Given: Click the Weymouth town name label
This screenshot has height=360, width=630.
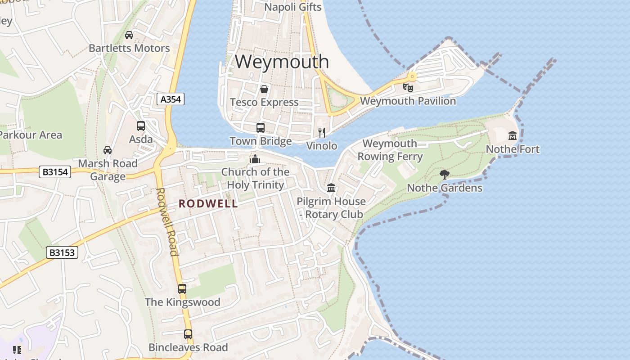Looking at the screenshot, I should click(x=282, y=62).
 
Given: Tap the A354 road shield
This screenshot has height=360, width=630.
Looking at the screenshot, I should click(x=171, y=99).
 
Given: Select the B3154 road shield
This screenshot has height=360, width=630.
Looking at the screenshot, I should click(x=55, y=171).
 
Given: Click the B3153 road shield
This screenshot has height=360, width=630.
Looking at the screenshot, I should click(x=62, y=252).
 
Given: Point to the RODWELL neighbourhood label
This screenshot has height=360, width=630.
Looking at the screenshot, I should click(x=208, y=204).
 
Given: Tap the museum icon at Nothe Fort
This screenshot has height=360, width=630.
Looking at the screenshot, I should click(x=513, y=135).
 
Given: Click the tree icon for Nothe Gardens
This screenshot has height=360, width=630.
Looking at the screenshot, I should click(x=445, y=174).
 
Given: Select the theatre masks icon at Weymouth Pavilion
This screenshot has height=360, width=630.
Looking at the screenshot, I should click(x=408, y=87).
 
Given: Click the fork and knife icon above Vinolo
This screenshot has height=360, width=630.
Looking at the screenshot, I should click(x=322, y=132).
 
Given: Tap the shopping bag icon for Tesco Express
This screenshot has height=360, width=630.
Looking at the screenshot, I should click(x=264, y=89).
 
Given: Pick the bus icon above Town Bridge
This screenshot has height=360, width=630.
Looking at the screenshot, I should click(x=261, y=127).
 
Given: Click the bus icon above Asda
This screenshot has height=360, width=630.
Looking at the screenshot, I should click(x=141, y=126).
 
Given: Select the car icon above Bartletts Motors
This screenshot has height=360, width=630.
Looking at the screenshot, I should click(x=129, y=35).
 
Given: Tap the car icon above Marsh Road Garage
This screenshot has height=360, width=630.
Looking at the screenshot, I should click(x=108, y=150).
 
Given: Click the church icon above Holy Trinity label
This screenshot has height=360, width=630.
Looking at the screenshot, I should click(x=255, y=159).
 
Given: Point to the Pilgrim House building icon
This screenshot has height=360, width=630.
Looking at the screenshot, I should click(x=331, y=188).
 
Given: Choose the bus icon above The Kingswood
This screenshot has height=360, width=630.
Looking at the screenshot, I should click(x=182, y=289).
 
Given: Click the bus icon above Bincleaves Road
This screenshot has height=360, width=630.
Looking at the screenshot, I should click(x=188, y=334).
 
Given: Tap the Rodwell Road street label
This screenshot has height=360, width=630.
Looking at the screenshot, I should click(x=167, y=221).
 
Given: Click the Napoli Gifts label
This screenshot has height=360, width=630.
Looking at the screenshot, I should click(x=293, y=7).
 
